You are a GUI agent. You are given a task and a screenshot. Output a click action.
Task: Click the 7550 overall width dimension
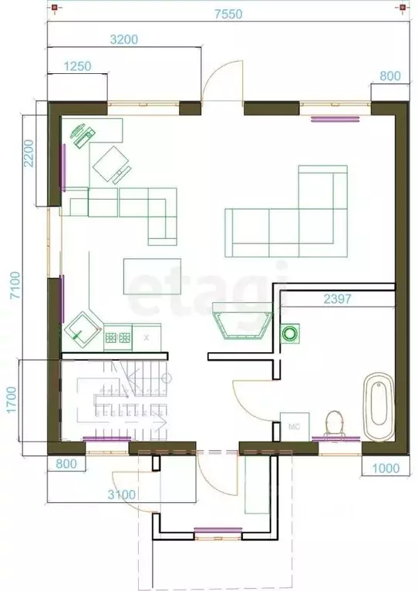point(228,14)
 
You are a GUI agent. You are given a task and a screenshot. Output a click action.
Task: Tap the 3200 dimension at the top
point(124,39)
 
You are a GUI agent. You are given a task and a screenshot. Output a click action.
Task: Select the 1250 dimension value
point(77,66)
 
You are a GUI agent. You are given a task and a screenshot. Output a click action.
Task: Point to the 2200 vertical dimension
point(29,153)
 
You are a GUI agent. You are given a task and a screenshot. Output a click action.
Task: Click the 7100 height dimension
point(15,285)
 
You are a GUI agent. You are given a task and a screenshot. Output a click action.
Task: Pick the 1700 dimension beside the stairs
point(12,400)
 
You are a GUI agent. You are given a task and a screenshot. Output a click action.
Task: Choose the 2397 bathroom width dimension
point(337,299)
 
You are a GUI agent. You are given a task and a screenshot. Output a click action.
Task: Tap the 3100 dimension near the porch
point(122,495)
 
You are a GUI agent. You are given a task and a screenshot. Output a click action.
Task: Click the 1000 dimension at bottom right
point(386,468)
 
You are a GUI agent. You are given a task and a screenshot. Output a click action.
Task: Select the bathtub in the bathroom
point(379,406)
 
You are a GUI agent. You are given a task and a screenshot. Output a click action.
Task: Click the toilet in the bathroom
point(335,425)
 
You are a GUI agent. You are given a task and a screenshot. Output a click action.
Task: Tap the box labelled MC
point(295,427)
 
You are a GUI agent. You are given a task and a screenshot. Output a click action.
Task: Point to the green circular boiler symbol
point(291,333)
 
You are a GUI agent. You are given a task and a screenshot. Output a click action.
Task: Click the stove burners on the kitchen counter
point(118,337)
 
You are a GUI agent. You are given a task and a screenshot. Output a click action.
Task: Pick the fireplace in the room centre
point(242,321)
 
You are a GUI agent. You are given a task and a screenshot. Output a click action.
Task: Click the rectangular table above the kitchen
point(152,277)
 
